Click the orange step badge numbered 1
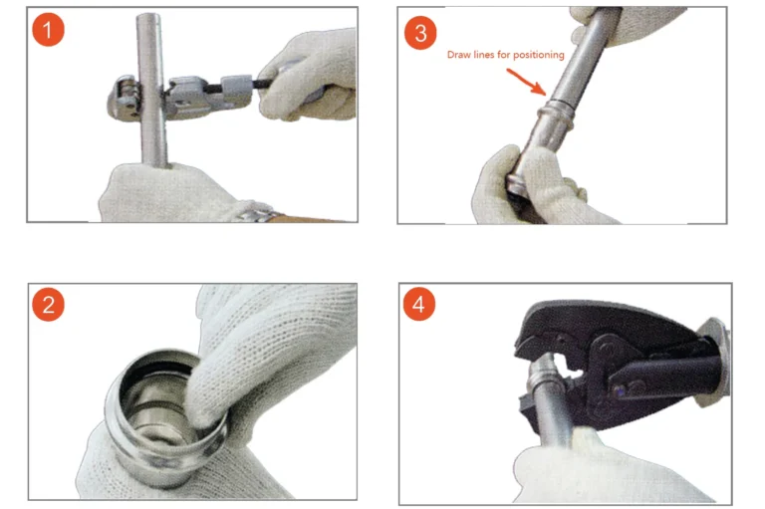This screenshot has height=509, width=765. [x=47, y=30]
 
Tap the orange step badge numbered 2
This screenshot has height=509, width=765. [x=47, y=305]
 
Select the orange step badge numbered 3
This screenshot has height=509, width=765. [x=420, y=32]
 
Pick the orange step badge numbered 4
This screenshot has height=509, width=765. [x=419, y=305]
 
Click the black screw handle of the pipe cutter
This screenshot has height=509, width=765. [x=244, y=84]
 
